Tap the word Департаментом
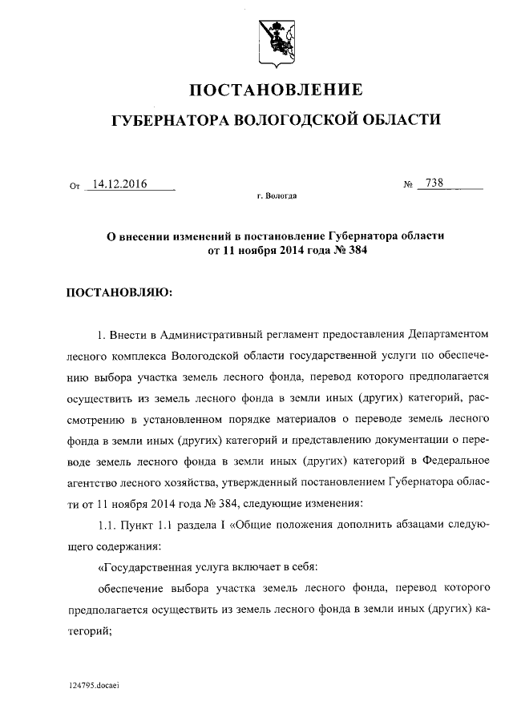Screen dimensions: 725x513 448,332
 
